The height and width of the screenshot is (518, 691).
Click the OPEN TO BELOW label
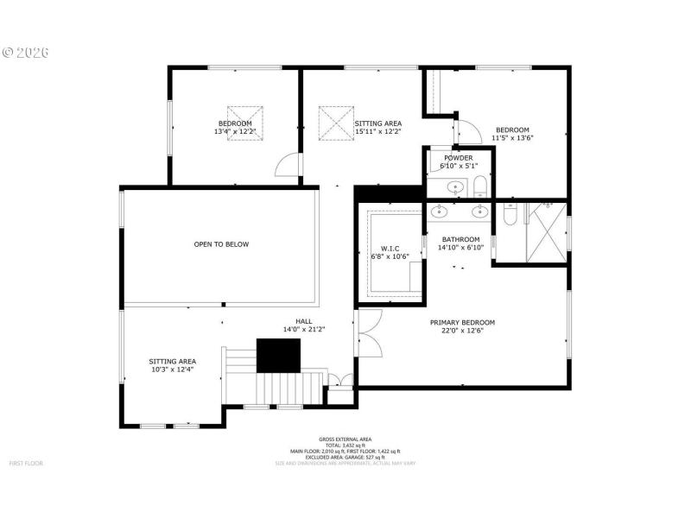221,244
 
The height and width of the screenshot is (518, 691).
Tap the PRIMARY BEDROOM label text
462,322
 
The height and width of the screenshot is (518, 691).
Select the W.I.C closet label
388,249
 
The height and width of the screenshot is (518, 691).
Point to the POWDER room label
458,158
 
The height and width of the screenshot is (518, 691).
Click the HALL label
304,321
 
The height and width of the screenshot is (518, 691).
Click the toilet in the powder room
481,187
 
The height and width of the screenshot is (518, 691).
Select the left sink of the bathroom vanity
440,211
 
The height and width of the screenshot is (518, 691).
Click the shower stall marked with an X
546,231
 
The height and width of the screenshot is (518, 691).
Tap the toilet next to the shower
509,215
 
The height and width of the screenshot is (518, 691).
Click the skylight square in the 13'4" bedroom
245,117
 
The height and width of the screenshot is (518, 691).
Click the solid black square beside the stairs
278,355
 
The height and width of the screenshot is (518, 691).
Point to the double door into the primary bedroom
366,335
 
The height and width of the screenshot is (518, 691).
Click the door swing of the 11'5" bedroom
468,132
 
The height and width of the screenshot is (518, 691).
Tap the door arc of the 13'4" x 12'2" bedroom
287,166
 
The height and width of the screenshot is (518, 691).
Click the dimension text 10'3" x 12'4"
172,370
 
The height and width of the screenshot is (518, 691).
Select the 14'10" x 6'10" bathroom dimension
460,248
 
